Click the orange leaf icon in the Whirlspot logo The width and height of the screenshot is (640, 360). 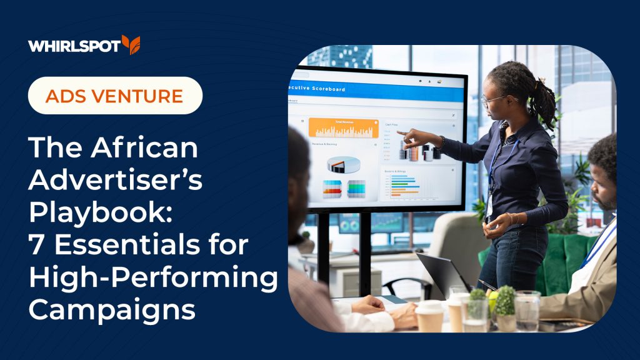pos(131,45)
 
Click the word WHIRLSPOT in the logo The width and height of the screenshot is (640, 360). pos(74,46)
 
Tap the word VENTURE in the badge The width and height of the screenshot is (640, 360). pos(147,96)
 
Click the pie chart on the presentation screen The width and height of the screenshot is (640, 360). pos(344,164)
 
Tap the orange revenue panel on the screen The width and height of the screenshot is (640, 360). pos(343,127)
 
